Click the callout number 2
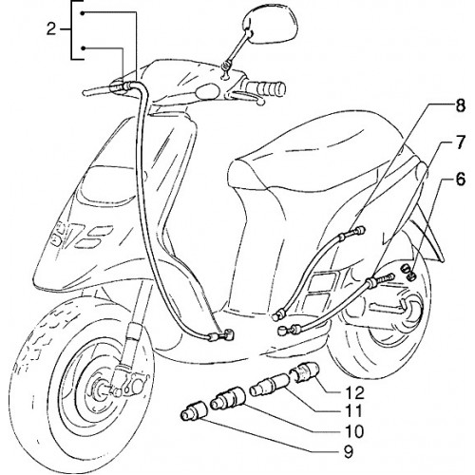[x=51, y=30]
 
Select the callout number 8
[x=460, y=106]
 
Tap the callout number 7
[x=460, y=142]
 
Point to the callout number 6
[x=460, y=180]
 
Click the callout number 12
[x=354, y=393]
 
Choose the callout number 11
[x=352, y=411]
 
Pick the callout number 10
[x=354, y=431]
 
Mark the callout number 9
[x=348, y=452]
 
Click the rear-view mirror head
[x=270, y=26]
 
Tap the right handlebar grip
[x=266, y=87]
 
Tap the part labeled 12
[x=306, y=372]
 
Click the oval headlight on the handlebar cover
[x=207, y=90]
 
